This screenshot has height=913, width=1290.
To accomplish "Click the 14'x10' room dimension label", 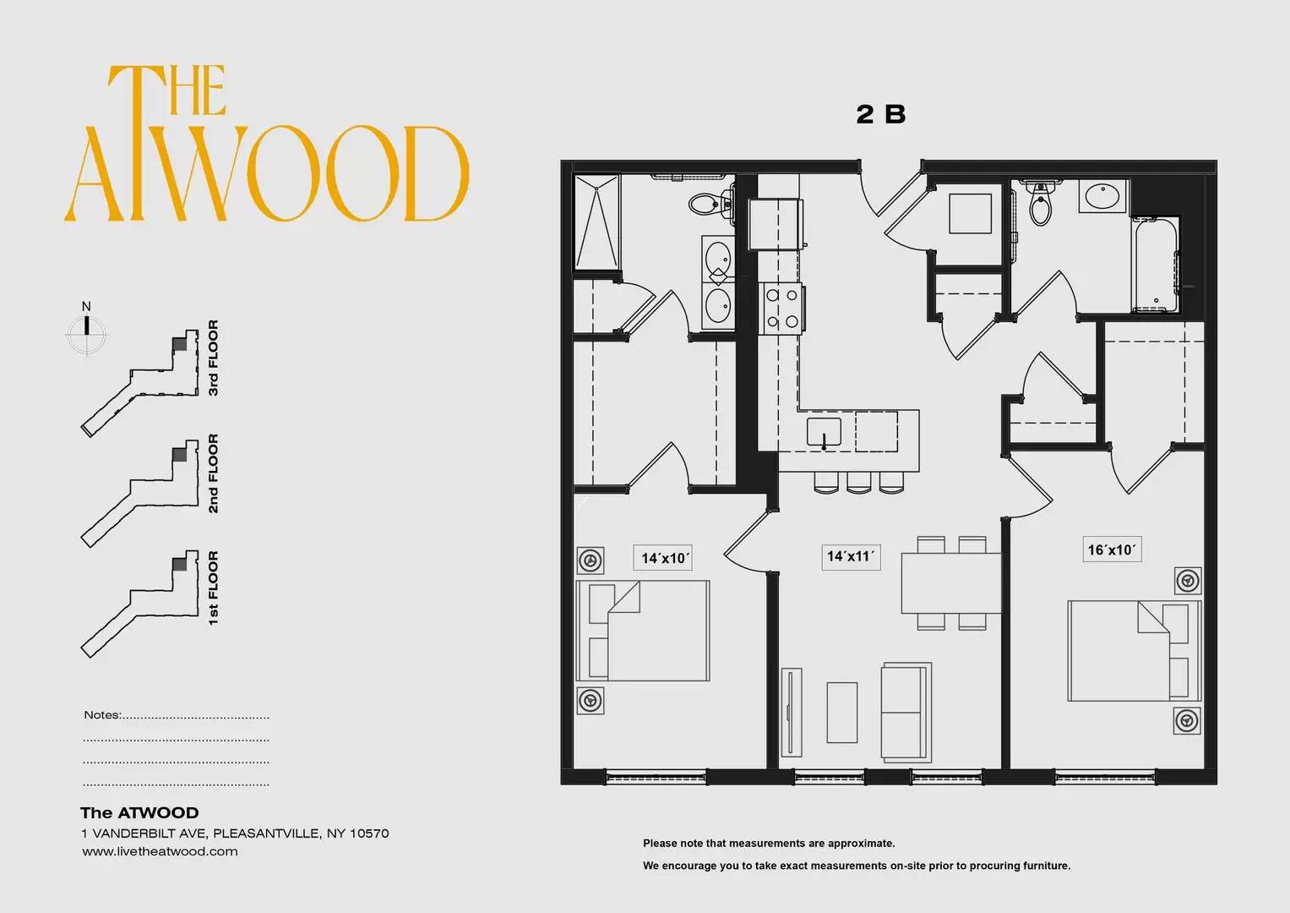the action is click(662, 557).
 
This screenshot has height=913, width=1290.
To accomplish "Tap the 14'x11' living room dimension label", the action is click(851, 557).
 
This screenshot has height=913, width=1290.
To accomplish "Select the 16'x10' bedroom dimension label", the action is click(1112, 549).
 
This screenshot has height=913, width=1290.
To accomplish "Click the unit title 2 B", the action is click(880, 114).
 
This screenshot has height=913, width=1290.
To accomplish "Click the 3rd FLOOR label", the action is click(213, 358).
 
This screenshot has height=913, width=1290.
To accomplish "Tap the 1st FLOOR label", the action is click(213, 588).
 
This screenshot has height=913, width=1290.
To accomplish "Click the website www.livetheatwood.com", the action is click(160, 851).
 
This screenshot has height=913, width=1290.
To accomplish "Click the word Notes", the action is click(102, 714).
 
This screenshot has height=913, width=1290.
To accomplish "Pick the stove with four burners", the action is click(781, 309).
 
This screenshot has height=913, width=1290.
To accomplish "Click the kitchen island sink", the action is click(824, 432).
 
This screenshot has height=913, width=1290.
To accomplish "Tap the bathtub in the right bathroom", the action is click(1155, 265).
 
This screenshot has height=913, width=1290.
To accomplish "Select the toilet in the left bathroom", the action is click(710, 204).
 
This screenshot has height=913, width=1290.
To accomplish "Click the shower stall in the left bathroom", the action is click(597, 221).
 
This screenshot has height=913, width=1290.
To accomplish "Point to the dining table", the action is click(950, 582).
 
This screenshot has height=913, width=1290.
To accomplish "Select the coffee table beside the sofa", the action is click(842, 713).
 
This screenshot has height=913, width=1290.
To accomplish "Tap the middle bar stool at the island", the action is click(858, 484).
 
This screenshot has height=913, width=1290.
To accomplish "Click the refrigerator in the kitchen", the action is click(776, 224).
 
